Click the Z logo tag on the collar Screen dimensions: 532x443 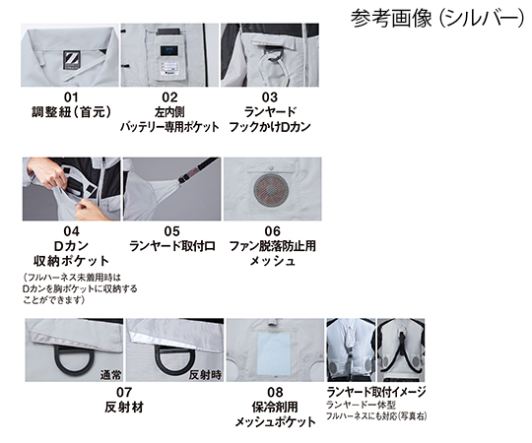point(72,60)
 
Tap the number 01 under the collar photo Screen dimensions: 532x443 point(71,97)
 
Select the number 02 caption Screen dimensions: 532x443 point(169,97)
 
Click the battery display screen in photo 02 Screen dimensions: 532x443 point(168,51)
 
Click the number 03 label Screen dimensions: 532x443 point(269,97)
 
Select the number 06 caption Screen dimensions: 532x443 point(273,231)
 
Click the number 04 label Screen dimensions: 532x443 point(71,231)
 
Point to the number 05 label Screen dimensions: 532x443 point(171,231)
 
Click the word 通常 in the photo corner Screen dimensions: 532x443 point(110,375)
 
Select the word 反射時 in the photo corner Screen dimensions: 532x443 point(205,375)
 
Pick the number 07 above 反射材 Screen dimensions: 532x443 point(124,392)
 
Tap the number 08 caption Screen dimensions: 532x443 point(275,392)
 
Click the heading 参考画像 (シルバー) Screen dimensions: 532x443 point(437,18)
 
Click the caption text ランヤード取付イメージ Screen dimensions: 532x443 point(376,392)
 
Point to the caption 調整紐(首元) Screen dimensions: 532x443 point(72,112)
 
